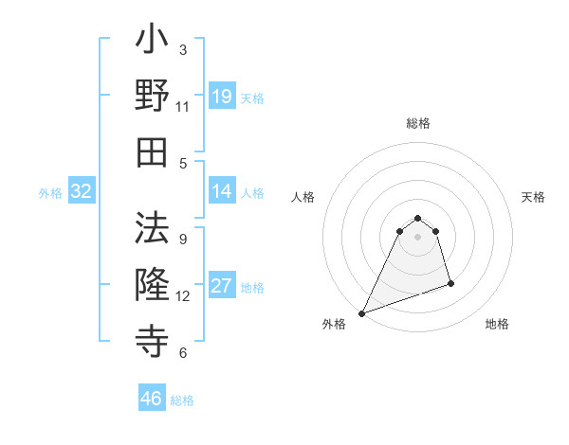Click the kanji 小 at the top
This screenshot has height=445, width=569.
152,44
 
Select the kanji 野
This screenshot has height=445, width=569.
152,98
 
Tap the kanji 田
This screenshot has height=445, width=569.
152,152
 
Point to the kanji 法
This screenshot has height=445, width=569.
152,228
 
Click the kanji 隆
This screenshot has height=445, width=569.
152,284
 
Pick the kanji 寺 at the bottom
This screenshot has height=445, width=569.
152,338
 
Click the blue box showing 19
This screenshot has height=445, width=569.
222,97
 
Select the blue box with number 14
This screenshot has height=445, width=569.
222,191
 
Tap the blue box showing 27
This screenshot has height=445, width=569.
222,287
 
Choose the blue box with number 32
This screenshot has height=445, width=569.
82,192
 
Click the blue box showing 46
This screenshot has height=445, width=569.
152,399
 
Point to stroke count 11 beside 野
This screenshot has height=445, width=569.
183,107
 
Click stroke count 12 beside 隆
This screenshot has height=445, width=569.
183,295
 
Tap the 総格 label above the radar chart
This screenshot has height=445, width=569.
417,123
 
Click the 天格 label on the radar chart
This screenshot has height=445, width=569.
533,197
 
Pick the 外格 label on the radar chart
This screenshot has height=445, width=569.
334,324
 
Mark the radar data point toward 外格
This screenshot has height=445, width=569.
361,313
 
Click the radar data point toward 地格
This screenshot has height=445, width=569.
450,283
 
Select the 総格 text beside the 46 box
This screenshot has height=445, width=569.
182,400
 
